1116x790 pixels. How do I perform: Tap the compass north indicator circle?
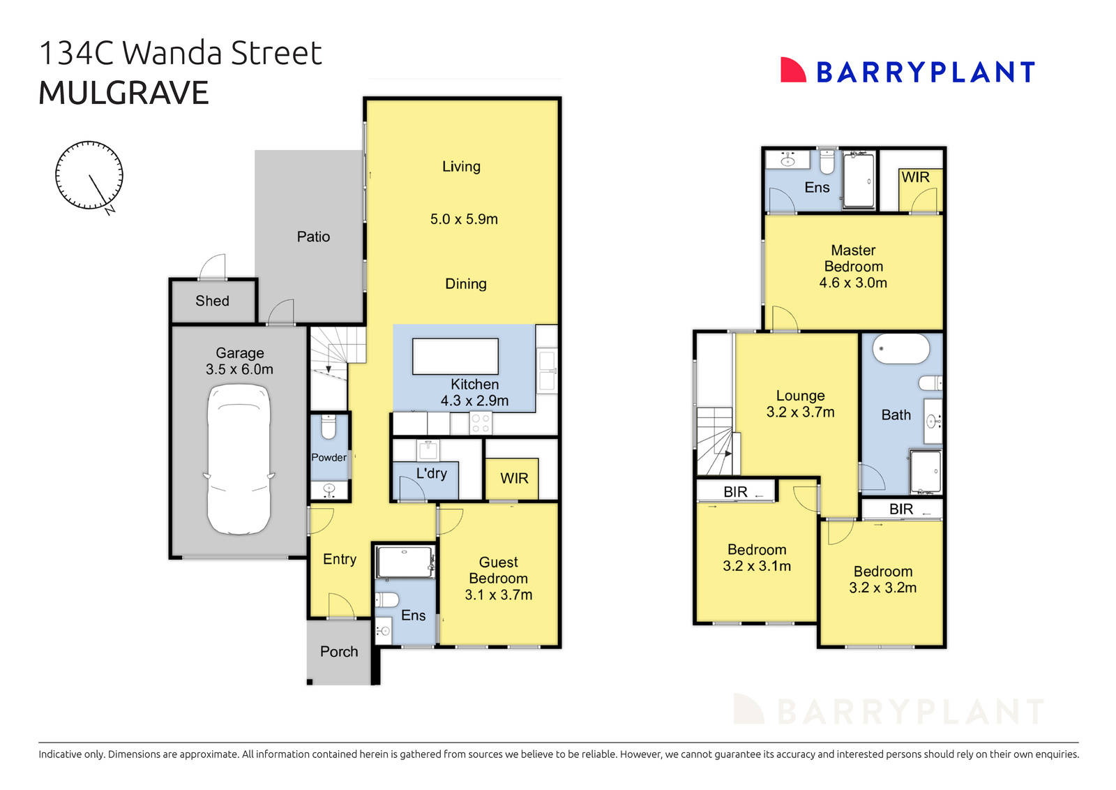pyautogui.click(x=89, y=174)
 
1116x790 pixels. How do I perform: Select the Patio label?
pyautogui.click(x=313, y=237)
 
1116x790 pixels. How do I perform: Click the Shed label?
pyautogui.click(x=212, y=301)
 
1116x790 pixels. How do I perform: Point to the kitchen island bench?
pyautogui.click(x=455, y=357)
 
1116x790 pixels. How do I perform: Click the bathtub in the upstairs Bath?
pyautogui.click(x=900, y=348)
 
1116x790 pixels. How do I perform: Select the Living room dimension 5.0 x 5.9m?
pyautogui.click(x=464, y=219)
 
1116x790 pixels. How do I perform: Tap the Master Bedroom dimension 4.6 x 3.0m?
pyautogui.click(x=853, y=283)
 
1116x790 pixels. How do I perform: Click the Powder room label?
pyautogui.click(x=329, y=457)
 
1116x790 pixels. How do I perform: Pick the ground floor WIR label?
pyautogui.click(x=514, y=478)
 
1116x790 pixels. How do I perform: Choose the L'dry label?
pyautogui.click(x=431, y=473)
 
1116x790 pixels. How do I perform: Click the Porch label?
pyautogui.click(x=339, y=651)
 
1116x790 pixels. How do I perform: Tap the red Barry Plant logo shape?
pyautogui.click(x=792, y=70)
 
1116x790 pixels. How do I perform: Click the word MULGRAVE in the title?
pyautogui.click(x=123, y=93)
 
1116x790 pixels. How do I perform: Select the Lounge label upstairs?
pyautogui.click(x=800, y=396)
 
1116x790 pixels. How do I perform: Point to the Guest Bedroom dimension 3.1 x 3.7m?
pyautogui.click(x=498, y=595)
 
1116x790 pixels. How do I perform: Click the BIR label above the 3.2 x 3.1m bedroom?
pyautogui.click(x=735, y=492)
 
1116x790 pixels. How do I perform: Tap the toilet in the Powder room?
pyautogui.click(x=329, y=426)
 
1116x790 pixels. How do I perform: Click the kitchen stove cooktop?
pyautogui.click(x=480, y=423)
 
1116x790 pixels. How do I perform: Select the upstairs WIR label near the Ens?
pyautogui.click(x=915, y=177)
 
